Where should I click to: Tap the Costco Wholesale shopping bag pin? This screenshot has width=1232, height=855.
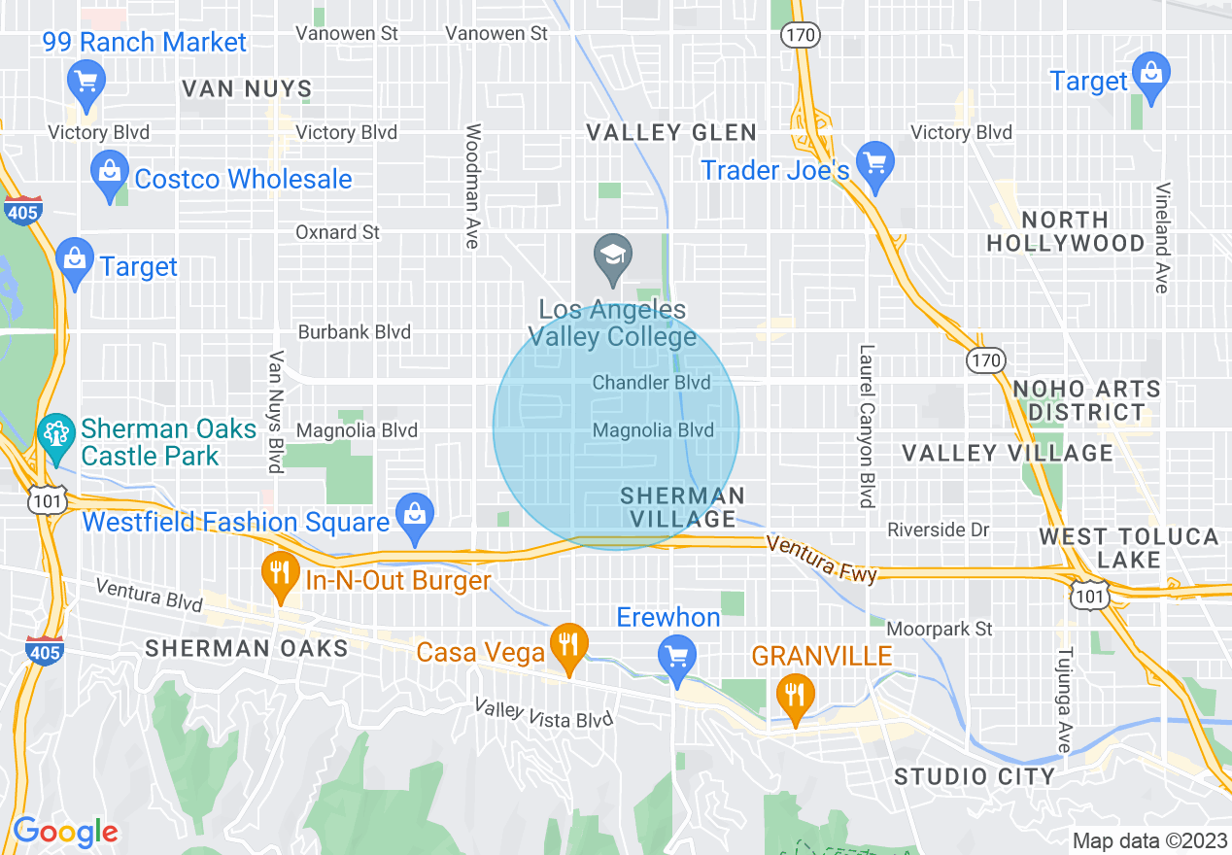[x=110, y=173]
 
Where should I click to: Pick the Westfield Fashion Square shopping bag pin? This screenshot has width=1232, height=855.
[x=415, y=516]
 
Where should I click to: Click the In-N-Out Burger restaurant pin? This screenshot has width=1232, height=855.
[x=280, y=575]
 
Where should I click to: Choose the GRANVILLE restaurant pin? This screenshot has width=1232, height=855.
[x=796, y=697]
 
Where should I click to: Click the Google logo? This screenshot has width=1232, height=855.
[x=65, y=832]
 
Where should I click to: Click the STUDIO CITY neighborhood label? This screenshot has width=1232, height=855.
[x=975, y=776]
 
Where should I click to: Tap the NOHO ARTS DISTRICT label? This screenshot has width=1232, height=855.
[x=1086, y=400]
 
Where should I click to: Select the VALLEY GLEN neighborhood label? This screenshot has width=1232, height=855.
[x=671, y=133]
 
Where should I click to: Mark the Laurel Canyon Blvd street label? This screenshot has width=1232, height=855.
[x=867, y=426]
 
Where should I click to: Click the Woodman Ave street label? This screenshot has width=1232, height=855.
[x=473, y=186]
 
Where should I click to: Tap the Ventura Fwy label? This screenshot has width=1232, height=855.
[x=821, y=561]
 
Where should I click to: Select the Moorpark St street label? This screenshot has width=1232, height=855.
[x=940, y=630]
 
